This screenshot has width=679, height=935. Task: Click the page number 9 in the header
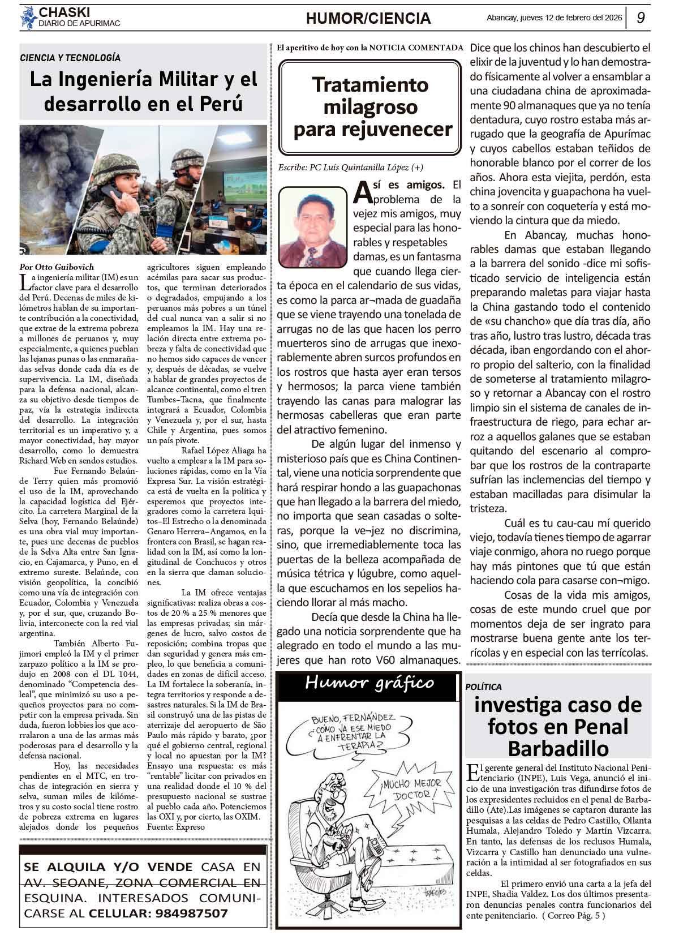point(641,18)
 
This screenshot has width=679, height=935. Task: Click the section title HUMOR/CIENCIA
point(368,19)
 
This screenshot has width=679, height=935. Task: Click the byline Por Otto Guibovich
point(57,267)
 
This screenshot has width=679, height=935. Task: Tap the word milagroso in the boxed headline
point(370,107)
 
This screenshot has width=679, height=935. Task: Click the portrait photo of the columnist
point(312,226)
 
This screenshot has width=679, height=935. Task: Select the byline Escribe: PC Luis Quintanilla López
point(350,168)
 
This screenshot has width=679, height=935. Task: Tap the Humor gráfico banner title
point(369,683)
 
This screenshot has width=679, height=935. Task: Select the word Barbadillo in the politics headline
point(558,748)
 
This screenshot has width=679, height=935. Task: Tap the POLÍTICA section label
point(484,687)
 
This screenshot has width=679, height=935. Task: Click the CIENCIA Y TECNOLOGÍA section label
point(70,58)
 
